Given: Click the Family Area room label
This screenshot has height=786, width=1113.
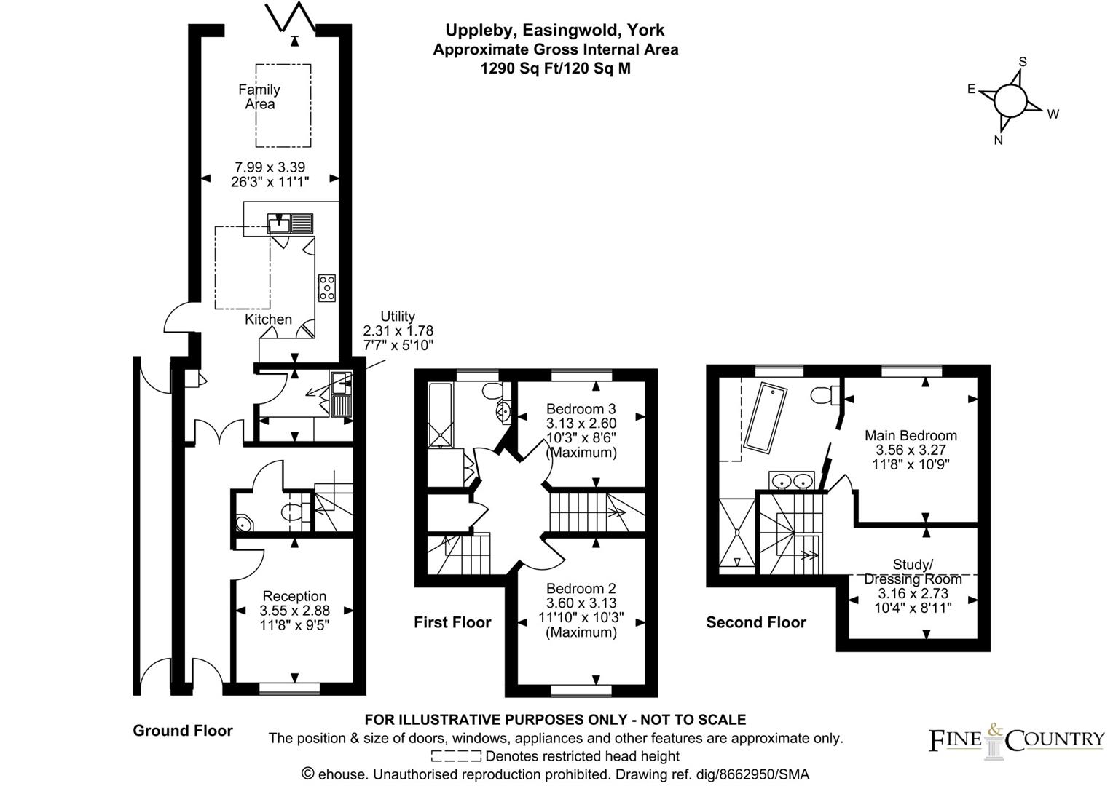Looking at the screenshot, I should [259, 97].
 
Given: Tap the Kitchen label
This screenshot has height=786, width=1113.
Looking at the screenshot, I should [268, 319].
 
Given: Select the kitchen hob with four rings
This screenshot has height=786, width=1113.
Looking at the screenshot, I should [326, 287].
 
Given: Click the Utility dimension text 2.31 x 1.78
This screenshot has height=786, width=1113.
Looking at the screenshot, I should [398, 330].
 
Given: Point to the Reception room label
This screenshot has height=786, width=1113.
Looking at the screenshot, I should [294, 597].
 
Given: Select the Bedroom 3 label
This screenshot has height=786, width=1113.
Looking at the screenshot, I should [581, 409].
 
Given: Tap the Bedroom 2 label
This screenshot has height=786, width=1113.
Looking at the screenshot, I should [581, 588].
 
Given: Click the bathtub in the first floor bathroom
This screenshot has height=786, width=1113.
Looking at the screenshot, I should [441, 415].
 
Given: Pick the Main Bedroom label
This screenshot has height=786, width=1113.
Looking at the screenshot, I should [911, 436].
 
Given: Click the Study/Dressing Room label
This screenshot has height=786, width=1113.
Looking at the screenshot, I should [913, 572].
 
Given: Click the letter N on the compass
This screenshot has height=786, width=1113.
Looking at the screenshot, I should [999, 140].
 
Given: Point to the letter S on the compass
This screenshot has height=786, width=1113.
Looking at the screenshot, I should [1023, 62].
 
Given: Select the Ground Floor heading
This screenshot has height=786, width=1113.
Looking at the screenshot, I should [183, 731].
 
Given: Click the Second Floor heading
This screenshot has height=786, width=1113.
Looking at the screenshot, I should [756, 622].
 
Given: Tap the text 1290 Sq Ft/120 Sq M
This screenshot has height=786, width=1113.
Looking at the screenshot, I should [555, 69].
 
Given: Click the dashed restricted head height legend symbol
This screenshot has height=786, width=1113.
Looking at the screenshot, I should [456, 757].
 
